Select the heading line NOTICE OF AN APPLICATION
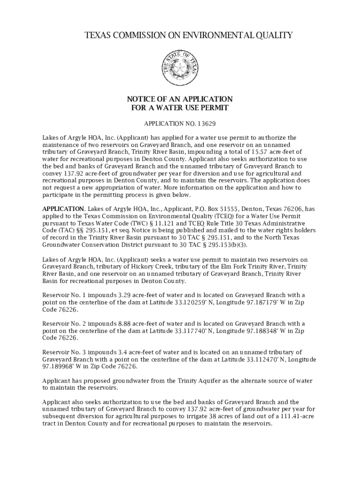coord(180,99)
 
